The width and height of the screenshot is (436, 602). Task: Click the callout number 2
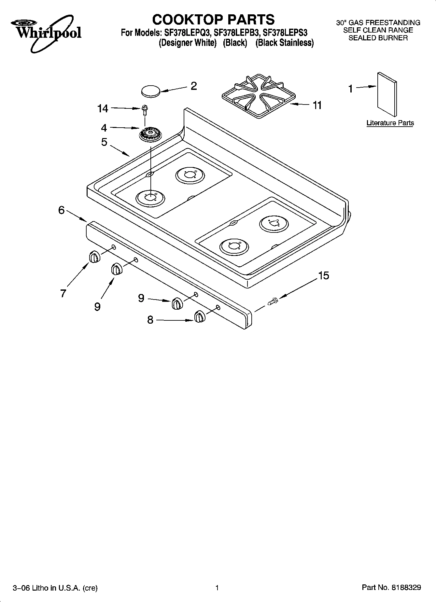tap(193, 86)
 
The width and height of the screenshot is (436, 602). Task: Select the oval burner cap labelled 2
tap(151, 91)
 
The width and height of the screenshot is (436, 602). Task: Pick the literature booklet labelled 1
tap(387, 94)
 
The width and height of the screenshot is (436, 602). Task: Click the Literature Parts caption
tap(390, 123)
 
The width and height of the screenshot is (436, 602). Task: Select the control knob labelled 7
tap(94, 257)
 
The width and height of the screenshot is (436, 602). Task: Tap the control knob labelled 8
tap(199, 316)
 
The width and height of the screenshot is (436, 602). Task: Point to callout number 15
tap(323, 276)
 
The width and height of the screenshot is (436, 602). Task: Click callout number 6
tap(62, 210)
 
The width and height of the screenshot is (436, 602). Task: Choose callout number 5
tap(104, 142)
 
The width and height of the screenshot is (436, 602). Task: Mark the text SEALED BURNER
tap(378, 38)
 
